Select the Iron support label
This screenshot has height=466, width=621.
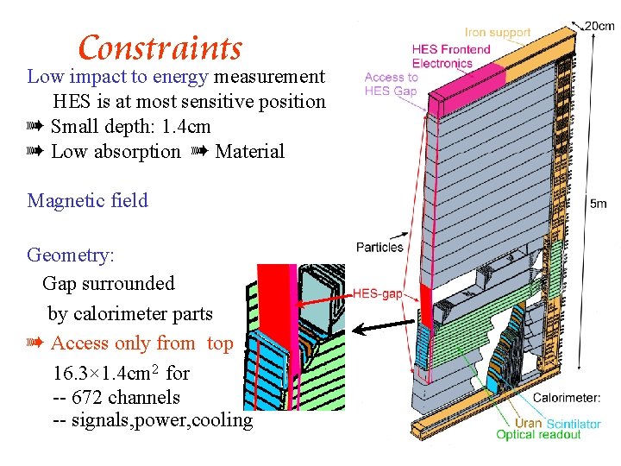tap(498, 32)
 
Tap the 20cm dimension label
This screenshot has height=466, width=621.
tap(599, 26)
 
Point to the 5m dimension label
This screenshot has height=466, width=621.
tap(598, 204)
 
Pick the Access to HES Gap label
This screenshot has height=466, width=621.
tap(391, 84)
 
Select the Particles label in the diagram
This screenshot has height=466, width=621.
tap(379, 247)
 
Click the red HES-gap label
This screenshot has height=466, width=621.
tap(378, 294)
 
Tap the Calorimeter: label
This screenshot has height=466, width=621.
tap(567, 398)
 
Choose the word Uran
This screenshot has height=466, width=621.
tap(528, 423)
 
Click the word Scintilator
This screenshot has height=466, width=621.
tap(574, 424)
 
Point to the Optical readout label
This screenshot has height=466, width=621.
tap(538, 435)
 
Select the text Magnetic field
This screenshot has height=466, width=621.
tap(88, 200)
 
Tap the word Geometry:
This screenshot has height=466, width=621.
tap(71, 255)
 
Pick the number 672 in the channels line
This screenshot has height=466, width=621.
tap(91, 397)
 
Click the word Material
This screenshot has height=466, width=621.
tap(249, 151)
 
